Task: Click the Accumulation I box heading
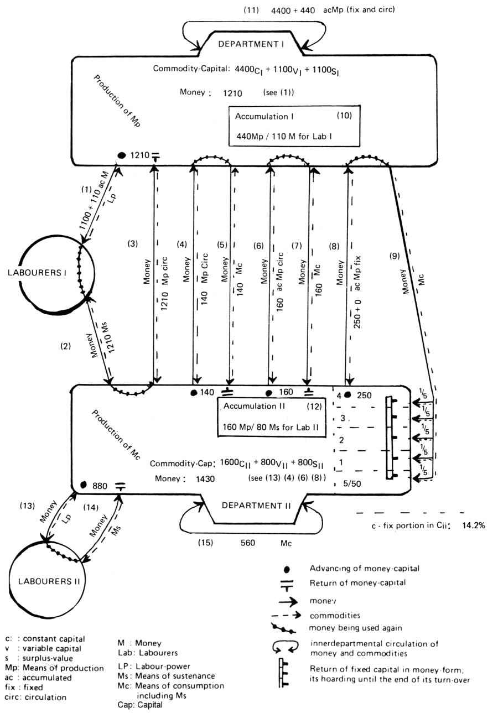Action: tap(264, 117)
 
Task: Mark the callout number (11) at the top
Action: tap(251, 10)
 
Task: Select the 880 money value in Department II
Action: tap(100, 485)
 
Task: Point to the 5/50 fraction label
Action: tap(352, 483)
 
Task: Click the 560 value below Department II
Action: tap(247, 543)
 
